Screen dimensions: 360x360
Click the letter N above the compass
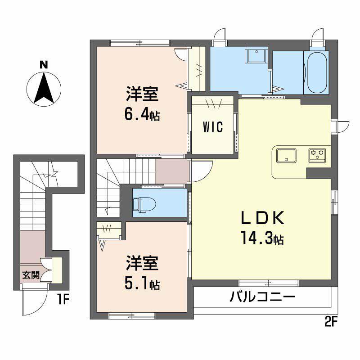point(44,65)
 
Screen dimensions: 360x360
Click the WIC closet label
point(212,127)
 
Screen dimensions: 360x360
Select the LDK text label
point(262,218)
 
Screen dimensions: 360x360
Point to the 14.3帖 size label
point(262,239)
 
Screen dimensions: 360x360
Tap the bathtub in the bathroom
point(316,72)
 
